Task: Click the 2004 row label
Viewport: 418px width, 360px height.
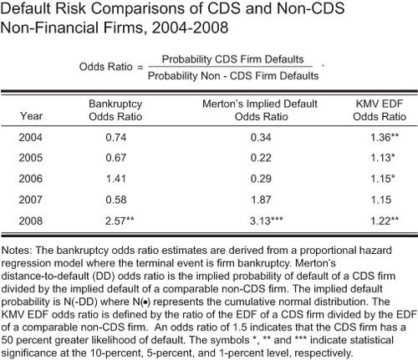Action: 31,138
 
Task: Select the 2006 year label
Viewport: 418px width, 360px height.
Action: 31,179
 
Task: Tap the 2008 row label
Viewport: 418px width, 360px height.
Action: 31,221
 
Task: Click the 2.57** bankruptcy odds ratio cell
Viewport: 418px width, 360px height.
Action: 120,221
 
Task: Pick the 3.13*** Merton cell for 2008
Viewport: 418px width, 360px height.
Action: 266,221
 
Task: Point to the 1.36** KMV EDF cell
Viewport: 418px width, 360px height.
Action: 385,138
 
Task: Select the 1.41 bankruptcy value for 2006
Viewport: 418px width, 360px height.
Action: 116,179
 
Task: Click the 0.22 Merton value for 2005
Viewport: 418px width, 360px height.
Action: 261,158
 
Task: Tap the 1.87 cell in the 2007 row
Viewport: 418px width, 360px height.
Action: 261,200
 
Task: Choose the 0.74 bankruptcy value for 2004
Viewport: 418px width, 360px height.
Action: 116,138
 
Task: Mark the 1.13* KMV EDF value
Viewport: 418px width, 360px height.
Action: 383,158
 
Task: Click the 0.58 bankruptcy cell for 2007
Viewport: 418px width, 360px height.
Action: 116,200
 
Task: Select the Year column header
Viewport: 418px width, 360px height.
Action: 31,116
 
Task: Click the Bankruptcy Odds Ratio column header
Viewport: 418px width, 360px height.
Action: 115,110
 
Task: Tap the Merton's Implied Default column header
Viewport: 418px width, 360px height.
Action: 260,104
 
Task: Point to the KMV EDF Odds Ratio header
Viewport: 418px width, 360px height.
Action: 380,110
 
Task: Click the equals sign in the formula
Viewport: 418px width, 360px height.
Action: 140,67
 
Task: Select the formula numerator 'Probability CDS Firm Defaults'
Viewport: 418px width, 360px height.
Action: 233,59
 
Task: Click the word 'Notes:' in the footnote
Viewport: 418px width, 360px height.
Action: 17,251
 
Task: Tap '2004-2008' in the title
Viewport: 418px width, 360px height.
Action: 190,28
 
